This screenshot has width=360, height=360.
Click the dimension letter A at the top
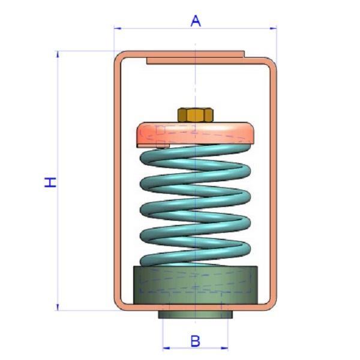(x=195, y=20)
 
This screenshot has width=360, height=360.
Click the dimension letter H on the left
(x=52, y=181)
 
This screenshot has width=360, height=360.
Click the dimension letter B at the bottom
(x=195, y=341)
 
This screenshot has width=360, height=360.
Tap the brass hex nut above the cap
(x=193, y=114)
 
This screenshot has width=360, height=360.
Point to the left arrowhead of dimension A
(x=116, y=28)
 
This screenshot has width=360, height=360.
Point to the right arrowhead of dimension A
(x=274, y=28)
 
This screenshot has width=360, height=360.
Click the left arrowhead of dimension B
(x=165, y=347)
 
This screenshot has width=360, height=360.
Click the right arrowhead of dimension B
(x=226, y=347)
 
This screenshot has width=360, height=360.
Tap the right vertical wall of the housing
(x=273, y=180)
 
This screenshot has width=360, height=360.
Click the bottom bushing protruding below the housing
(x=194, y=314)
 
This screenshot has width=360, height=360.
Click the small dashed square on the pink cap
(x=161, y=130)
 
